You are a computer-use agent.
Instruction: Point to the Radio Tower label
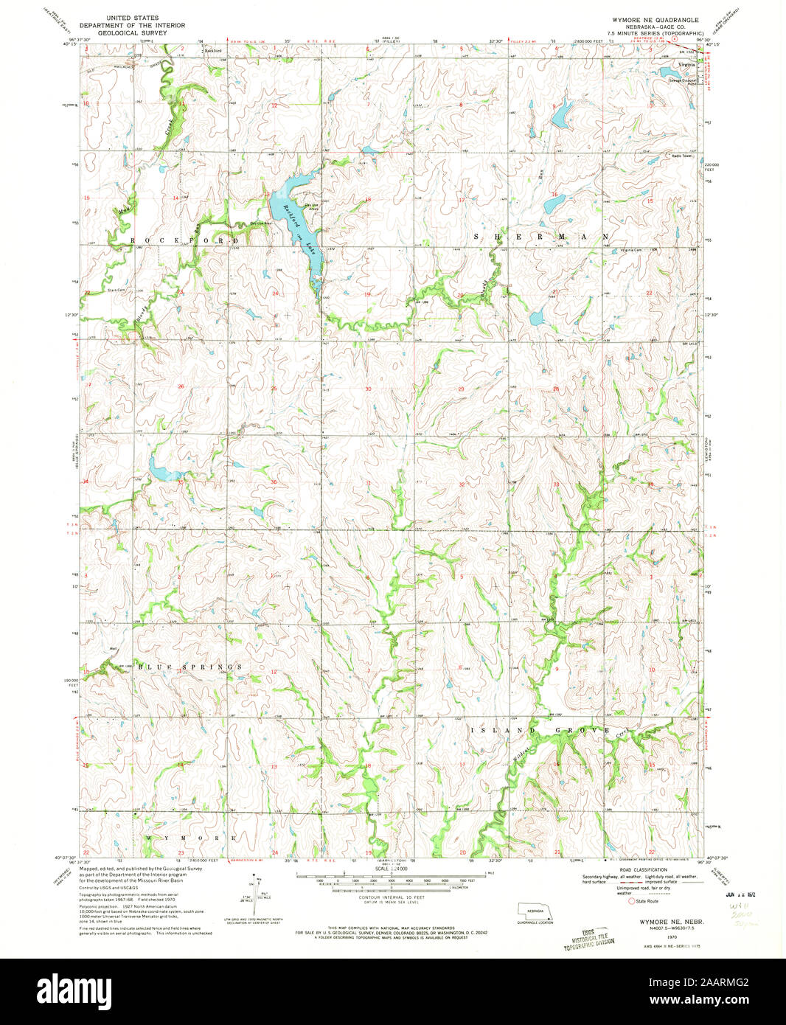point(681,156)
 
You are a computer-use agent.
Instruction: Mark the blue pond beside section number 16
point(553,204)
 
